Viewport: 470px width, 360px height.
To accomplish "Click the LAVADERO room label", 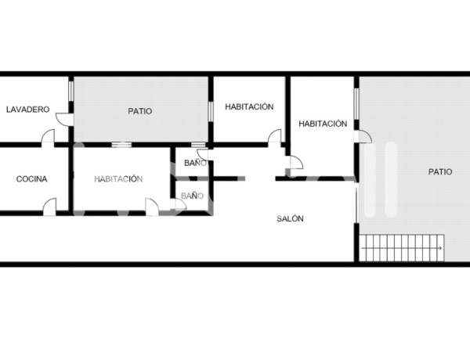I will click(27, 110).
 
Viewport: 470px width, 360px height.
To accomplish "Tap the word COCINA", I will click(31, 178).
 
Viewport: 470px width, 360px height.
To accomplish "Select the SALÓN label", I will click(290, 219).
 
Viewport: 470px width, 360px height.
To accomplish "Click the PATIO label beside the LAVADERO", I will click(140, 111).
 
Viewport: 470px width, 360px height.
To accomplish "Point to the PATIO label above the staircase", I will click(439, 171).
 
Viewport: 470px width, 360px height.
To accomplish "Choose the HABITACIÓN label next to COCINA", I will click(118, 178).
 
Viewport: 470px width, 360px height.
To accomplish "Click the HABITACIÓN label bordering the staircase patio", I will click(323, 124).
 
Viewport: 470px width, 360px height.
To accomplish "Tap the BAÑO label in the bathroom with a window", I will click(195, 163).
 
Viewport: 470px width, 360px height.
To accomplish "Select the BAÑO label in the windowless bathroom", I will click(192, 195).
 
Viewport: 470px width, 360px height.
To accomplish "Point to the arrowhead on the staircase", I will click(441, 249).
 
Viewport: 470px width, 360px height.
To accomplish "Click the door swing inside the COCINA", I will click(50, 205).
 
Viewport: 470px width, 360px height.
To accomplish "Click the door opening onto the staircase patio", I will click(364, 138).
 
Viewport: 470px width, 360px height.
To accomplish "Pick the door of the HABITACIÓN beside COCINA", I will click(151, 205).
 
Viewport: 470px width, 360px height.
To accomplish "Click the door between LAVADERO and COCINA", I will click(49, 138).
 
